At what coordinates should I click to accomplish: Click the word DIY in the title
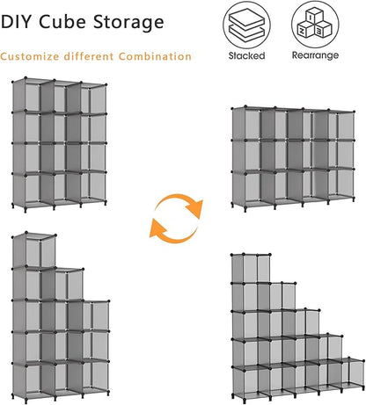(x=15, y=22)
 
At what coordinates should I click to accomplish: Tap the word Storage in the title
(x=128, y=23)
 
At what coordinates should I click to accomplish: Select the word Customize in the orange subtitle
(x=30, y=56)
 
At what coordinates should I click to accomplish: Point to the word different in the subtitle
(x=89, y=56)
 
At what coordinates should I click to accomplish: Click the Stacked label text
(x=246, y=55)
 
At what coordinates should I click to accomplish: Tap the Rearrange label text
(x=315, y=55)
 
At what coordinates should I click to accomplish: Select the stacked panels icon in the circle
(x=246, y=25)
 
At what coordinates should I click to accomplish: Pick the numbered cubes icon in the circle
(x=315, y=24)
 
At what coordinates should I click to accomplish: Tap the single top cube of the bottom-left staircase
(x=33, y=250)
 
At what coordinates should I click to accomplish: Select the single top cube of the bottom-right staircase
(x=251, y=269)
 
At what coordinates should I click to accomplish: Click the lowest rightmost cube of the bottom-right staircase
(x=353, y=372)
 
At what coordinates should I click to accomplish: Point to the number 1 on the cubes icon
(x=311, y=18)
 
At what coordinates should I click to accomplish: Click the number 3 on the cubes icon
(x=319, y=30)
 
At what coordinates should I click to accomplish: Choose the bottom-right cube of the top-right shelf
(x=340, y=184)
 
